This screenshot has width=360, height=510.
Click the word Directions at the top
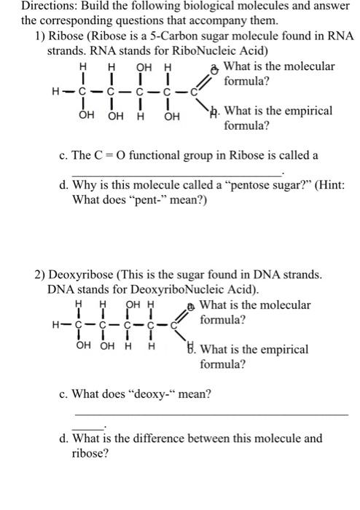pyautogui.click(x=28, y=6)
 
